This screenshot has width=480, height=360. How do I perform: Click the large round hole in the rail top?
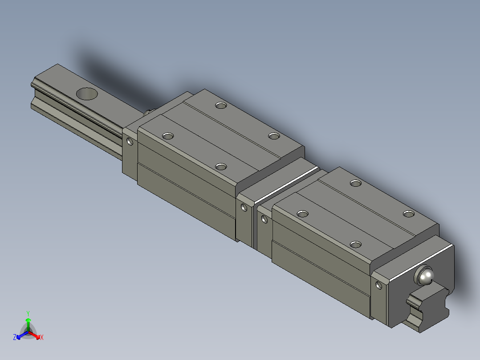pos(87,94)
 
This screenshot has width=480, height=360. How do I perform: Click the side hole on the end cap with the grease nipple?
pos(379,285)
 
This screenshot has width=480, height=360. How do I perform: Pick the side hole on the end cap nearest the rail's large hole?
pos(130,142)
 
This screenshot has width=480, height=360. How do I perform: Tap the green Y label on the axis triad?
pos(28,313)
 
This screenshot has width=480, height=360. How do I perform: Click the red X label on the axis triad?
pos(42,337)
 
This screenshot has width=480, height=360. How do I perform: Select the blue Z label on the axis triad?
pos(15,337)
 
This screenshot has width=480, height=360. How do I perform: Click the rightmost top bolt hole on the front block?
pos(408,214)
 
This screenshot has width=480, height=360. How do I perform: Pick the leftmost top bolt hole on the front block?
pos(302,214)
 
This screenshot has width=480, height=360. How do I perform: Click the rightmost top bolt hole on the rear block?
pos(273,135)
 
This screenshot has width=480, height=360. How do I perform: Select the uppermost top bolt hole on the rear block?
pos(220,106)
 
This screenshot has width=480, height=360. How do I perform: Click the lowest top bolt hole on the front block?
pos(355,244)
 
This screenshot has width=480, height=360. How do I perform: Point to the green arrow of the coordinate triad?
pos(28,322)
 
